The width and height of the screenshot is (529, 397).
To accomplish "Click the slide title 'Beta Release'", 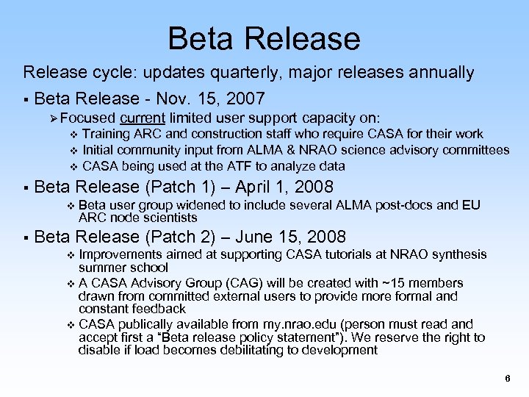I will pos(264,38).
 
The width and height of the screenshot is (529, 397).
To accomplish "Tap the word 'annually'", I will pos(439,73).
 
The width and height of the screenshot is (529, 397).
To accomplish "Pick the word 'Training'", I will pos(107,134).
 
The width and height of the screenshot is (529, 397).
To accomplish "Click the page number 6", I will pos(507,379).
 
